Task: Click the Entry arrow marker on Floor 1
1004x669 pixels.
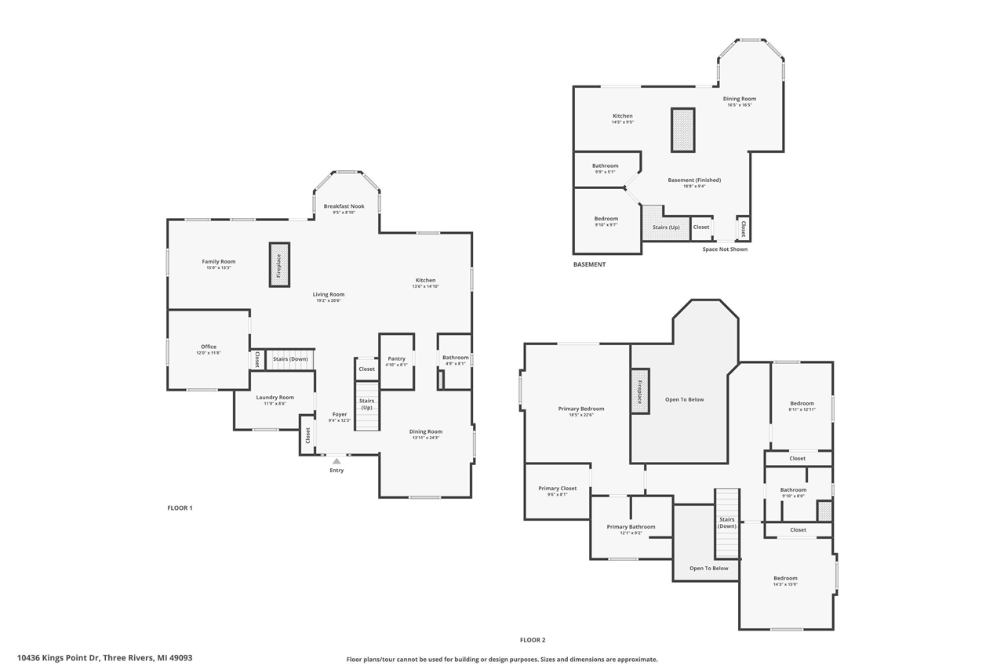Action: pyautogui.click(x=336, y=461)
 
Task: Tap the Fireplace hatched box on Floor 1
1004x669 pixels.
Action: pyautogui.click(x=279, y=265)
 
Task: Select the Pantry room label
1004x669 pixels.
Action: pyautogui.click(x=396, y=358)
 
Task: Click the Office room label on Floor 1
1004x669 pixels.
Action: pyautogui.click(x=208, y=347)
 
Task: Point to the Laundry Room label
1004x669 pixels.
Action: pyautogui.click(x=275, y=397)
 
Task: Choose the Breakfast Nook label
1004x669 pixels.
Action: pyautogui.click(x=344, y=206)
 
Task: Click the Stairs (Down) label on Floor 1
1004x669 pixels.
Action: pyautogui.click(x=290, y=359)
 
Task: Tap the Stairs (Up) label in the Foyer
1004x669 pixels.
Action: pyautogui.click(x=366, y=404)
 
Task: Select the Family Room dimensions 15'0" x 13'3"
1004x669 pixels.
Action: pyautogui.click(x=218, y=268)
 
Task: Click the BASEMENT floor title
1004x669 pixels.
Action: pyautogui.click(x=589, y=264)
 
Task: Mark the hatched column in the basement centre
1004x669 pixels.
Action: pyautogui.click(x=682, y=130)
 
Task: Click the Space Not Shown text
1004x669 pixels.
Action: pyautogui.click(x=724, y=249)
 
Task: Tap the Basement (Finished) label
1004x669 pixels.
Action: pyautogui.click(x=694, y=180)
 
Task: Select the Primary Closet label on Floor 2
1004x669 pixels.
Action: pyautogui.click(x=557, y=489)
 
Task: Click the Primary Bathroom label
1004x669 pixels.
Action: pyautogui.click(x=631, y=527)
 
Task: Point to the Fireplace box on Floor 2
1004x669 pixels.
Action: pyautogui.click(x=639, y=392)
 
